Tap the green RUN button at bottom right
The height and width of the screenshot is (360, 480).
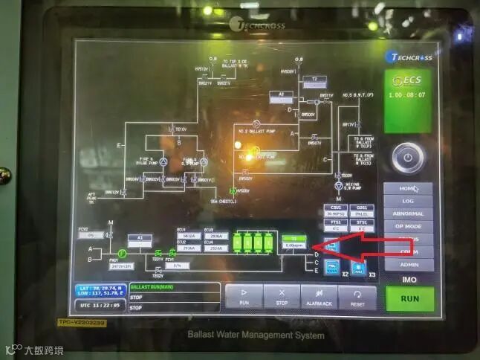click(x=409, y=298)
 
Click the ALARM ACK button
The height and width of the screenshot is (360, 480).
click(x=320, y=296)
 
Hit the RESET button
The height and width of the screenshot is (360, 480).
click(x=357, y=296)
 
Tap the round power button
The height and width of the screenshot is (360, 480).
click(x=408, y=157)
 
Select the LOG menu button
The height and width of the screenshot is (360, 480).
click(x=408, y=201)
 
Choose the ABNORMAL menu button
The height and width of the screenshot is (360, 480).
click(x=408, y=213)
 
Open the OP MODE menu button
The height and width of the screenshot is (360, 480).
click(x=408, y=226)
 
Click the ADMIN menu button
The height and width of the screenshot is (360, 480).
click(x=408, y=264)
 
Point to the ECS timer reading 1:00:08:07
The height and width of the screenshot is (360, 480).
click(x=407, y=95)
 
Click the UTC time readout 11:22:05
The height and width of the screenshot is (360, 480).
click(x=101, y=305)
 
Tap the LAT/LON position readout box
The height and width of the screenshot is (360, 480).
click(x=100, y=291)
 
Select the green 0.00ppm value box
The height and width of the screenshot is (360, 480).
click(x=295, y=244)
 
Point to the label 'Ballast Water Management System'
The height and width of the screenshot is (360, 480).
click(x=256, y=335)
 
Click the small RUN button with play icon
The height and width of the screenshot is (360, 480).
click(x=244, y=296)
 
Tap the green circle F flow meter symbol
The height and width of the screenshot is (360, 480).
click(x=123, y=254)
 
